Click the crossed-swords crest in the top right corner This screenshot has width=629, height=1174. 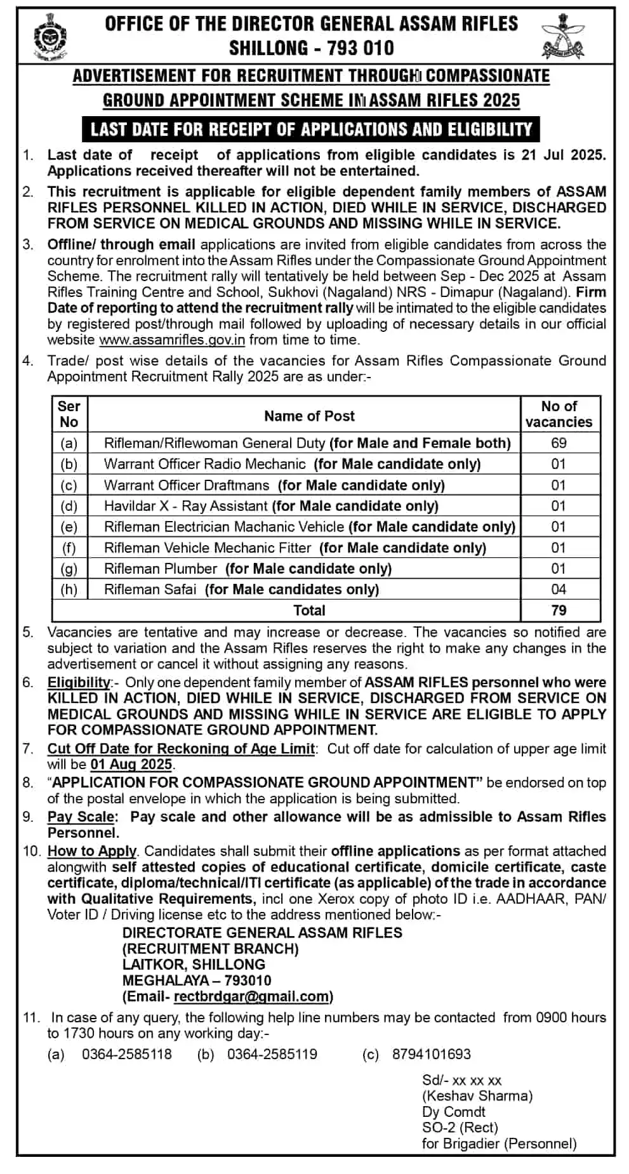coord(562,37)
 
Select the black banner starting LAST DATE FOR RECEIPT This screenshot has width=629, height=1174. coord(311,129)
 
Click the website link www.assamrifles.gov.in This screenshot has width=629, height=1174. coord(172,340)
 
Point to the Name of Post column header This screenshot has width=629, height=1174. coord(309,416)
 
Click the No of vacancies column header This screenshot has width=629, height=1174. coord(559,414)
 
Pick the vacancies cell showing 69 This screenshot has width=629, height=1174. coord(559,443)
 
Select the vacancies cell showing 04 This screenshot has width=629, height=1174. coord(559,590)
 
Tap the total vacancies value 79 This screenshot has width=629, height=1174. coord(559,610)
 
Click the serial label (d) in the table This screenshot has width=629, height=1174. coord(69,506)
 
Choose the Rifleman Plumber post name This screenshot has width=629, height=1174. coord(161,569)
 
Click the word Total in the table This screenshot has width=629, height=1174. coord(309,610)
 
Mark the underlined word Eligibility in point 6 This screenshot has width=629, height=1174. coord(79,683)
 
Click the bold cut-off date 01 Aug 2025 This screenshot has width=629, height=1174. coord(131,764)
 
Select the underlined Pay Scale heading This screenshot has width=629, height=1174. coord(81,817)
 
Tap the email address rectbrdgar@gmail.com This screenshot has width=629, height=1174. coord(251,997)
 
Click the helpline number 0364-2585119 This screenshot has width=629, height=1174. coord(272,1055)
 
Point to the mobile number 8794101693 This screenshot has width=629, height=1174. coord(432,1055)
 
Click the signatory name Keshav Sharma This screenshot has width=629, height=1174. coord(477,1096)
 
